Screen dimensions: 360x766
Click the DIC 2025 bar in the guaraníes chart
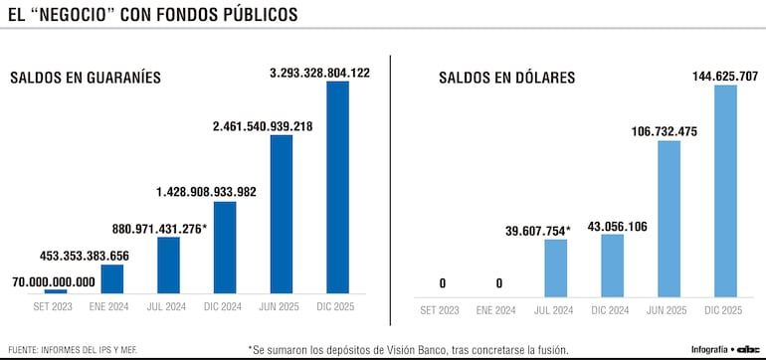tap(338, 187)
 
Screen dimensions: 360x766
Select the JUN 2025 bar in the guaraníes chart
tap(282, 214)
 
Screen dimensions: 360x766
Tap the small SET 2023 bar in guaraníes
tap(56, 291)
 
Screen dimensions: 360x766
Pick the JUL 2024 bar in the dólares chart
tap(556, 267)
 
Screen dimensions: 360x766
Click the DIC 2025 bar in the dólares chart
tap(725, 189)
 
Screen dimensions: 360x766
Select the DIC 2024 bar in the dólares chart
tap(613, 264)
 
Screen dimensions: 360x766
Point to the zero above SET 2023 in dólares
tap(443, 282)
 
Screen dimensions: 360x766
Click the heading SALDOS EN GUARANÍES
tap(86, 78)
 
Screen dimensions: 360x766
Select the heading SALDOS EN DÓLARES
tap(507, 78)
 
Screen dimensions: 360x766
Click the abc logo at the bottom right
tap(748, 350)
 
